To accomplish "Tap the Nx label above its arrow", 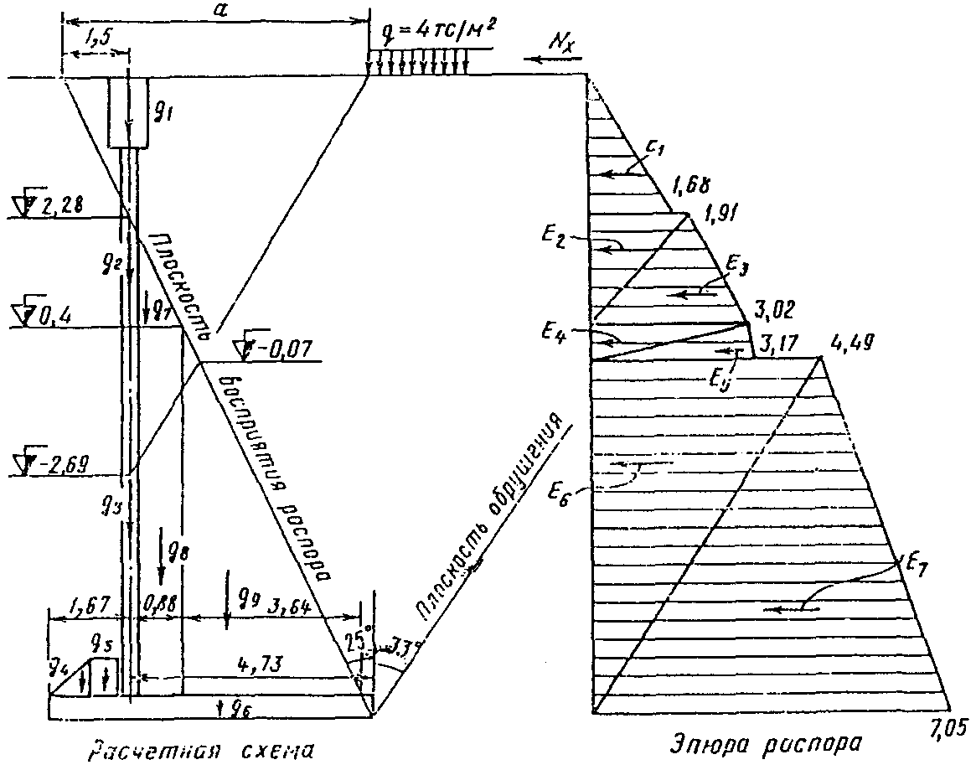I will click(556, 41).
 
